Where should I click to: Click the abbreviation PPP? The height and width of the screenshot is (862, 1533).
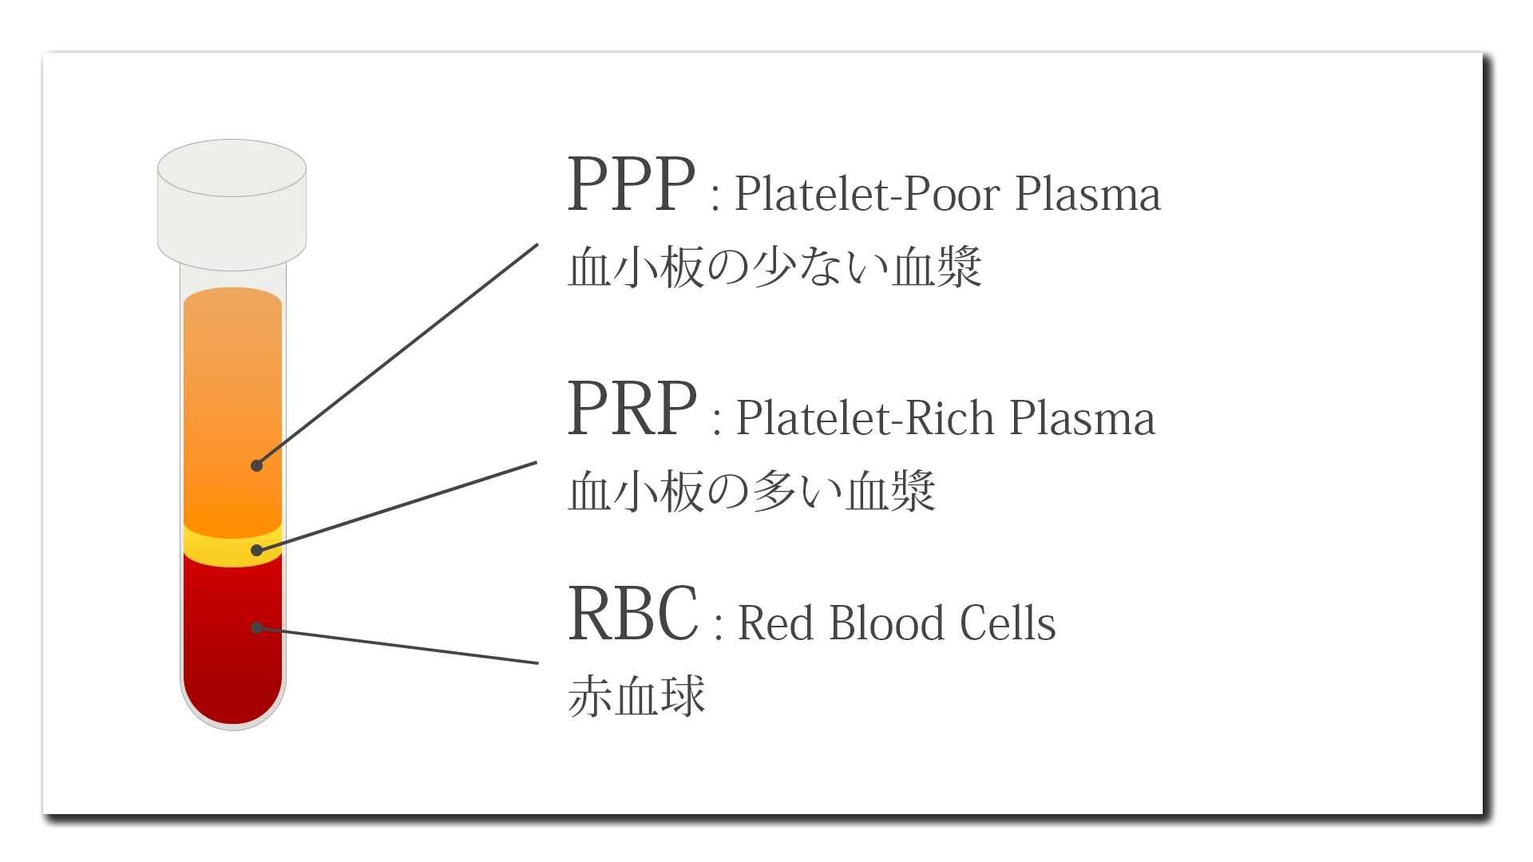[x=631, y=184]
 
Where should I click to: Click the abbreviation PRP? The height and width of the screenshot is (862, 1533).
[x=632, y=408]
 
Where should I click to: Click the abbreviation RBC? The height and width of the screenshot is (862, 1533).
[x=633, y=613]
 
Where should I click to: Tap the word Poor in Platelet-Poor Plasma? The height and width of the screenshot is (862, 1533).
[x=951, y=194]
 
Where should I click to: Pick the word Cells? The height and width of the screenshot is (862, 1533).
[x=1008, y=623]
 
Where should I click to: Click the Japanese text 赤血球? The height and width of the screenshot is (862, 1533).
[x=636, y=696]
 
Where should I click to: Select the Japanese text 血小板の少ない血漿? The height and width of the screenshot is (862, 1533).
[x=774, y=267]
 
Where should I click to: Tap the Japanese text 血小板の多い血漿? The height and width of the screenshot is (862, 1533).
[x=751, y=490]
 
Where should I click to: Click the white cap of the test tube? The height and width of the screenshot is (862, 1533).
[x=232, y=204]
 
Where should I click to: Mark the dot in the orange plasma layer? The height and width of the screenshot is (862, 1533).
[x=256, y=465]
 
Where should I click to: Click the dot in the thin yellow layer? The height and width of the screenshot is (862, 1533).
[x=256, y=550]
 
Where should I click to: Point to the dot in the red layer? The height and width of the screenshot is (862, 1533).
[x=256, y=627]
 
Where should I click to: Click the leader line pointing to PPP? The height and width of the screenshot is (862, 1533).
[x=397, y=354]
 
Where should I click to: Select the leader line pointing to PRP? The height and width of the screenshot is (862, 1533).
[x=397, y=506]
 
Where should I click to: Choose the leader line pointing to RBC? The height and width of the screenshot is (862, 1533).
[x=398, y=645]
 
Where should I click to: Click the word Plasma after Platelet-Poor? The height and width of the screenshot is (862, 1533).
[x=1087, y=194]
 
